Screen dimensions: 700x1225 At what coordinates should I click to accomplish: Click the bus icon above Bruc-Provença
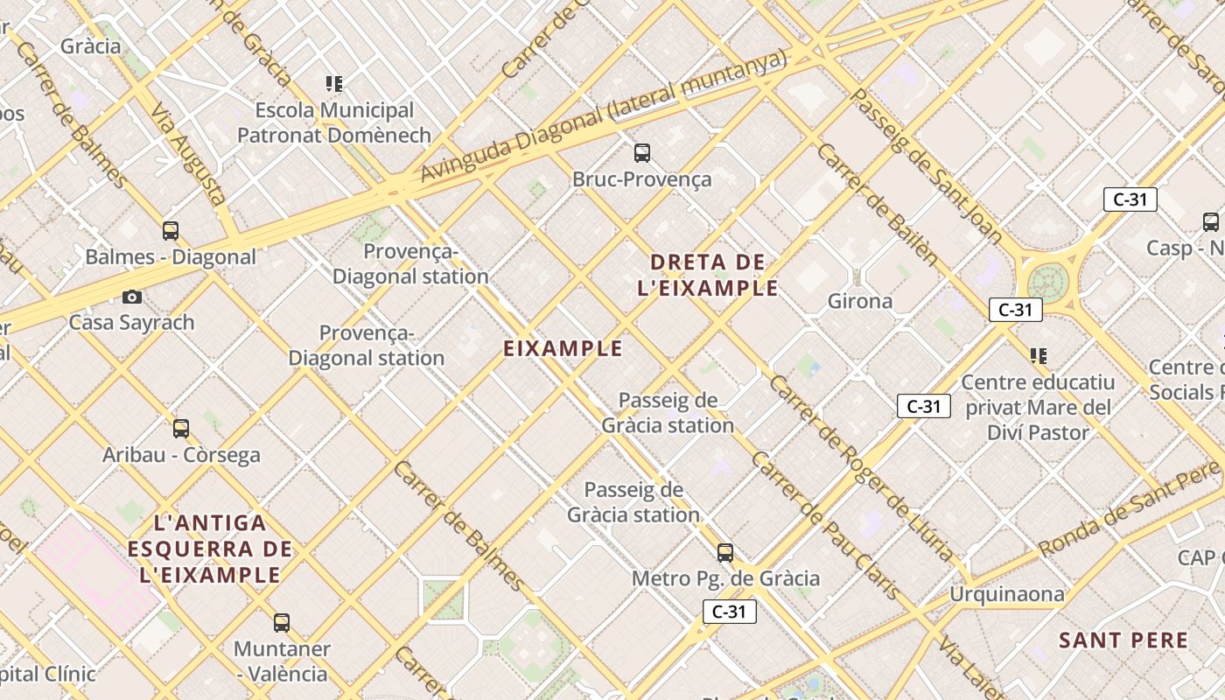point(642,153)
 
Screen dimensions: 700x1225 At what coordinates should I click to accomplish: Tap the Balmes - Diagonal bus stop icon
point(171,231)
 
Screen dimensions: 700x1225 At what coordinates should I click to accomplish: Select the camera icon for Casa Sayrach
point(132,297)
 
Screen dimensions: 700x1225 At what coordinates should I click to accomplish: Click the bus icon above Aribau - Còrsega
point(181,429)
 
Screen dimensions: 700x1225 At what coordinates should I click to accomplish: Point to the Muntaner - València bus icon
point(281,623)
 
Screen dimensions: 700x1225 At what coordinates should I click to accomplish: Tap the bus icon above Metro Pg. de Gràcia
point(724,553)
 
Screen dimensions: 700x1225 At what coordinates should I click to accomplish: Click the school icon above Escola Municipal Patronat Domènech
point(334,84)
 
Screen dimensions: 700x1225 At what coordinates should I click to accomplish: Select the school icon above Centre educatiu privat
point(1039,356)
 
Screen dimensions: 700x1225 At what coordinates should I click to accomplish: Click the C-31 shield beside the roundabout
point(1016,310)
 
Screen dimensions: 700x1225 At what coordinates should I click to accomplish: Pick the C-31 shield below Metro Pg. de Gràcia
point(729,612)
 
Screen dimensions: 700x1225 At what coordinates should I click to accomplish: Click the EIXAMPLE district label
point(563,348)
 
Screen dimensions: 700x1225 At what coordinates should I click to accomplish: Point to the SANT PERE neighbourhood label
point(1123,640)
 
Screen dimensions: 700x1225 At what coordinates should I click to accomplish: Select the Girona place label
point(860,302)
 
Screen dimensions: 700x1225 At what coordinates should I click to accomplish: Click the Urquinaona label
point(1007,595)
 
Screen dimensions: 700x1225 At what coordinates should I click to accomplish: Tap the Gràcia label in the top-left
point(90,46)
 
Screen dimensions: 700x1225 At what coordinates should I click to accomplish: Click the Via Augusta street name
point(189,155)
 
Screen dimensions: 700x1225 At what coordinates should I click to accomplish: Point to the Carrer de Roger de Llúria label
point(862,470)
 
